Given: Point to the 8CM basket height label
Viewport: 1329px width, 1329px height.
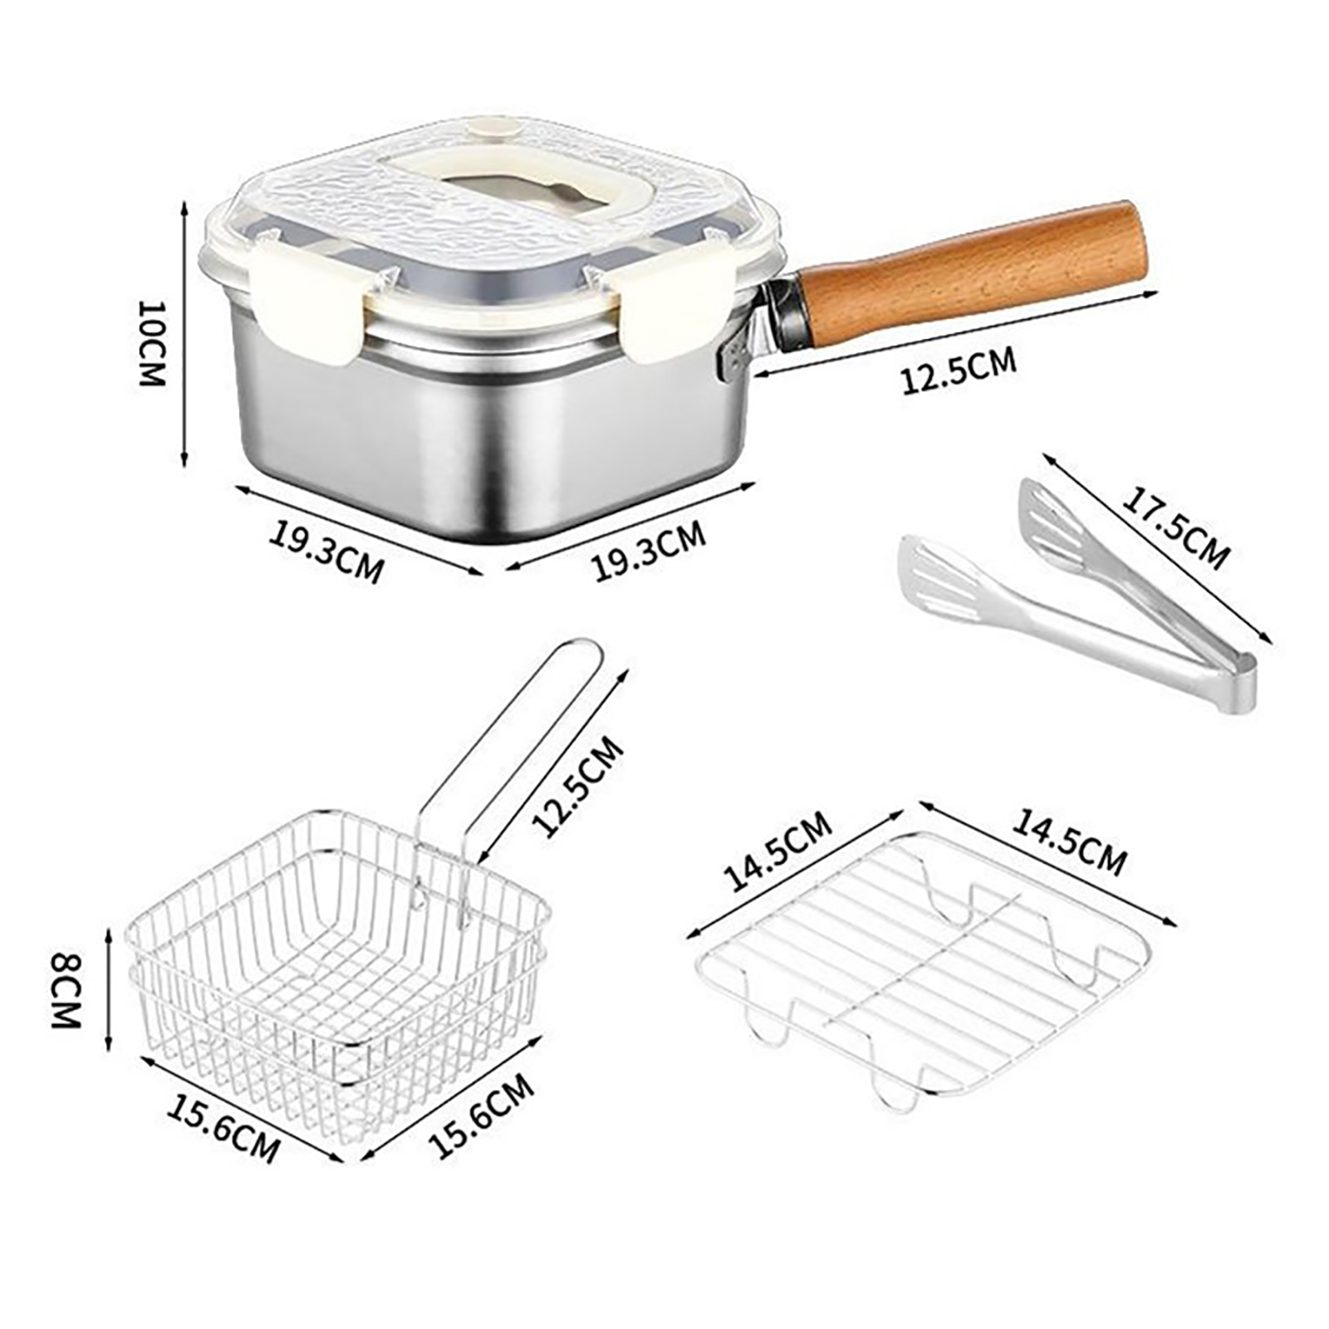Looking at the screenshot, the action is pos(66,991).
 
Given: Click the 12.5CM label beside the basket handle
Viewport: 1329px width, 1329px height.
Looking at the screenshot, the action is pos(578,785).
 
